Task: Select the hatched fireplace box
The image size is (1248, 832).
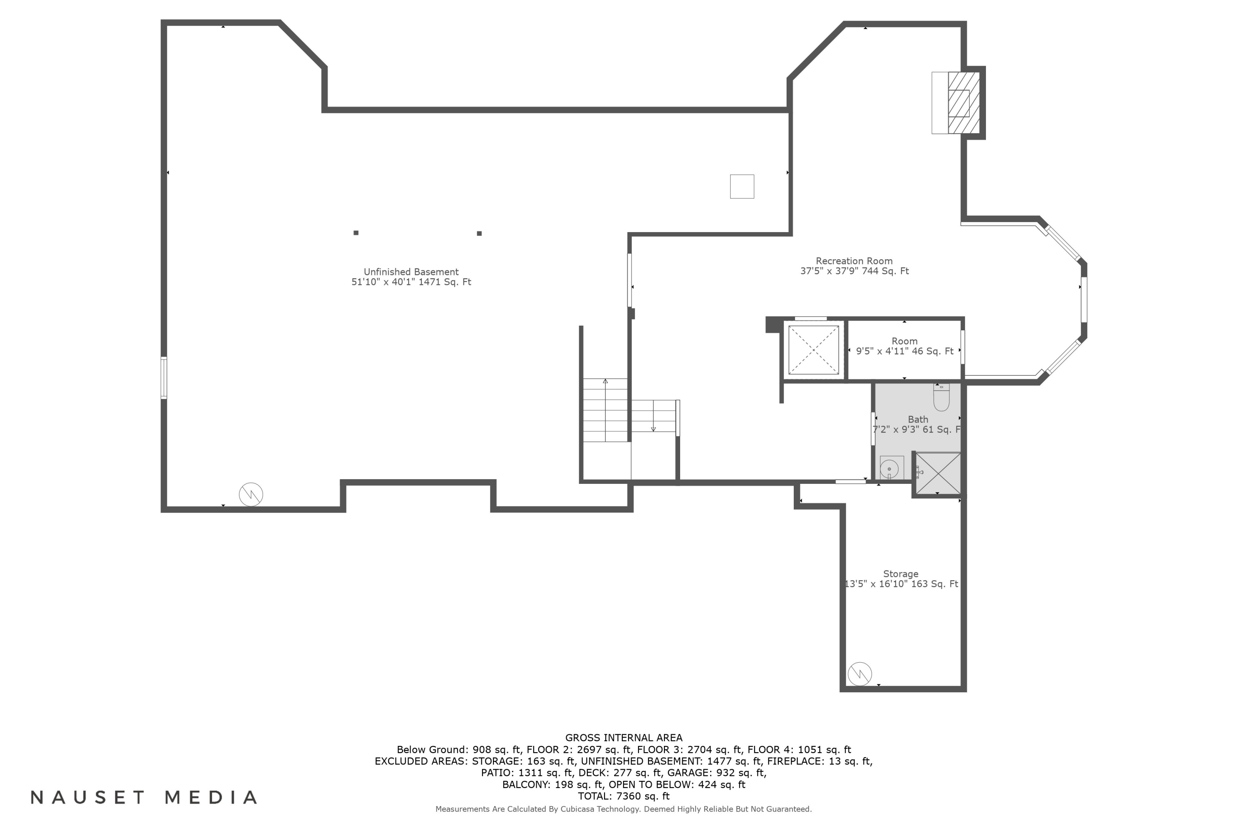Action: (x=963, y=103)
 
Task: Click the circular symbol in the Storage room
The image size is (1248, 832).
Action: (x=859, y=674)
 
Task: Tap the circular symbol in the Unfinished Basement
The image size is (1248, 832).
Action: (x=250, y=495)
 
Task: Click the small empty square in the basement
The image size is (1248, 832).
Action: (x=741, y=187)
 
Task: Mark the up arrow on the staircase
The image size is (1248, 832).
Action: (x=605, y=381)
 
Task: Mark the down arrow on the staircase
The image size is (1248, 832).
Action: (x=653, y=429)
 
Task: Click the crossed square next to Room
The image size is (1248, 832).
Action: (x=813, y=350)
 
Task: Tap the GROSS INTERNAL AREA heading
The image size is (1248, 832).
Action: (x=624, y=738)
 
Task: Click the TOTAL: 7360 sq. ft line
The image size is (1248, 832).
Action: (x=624, y=796)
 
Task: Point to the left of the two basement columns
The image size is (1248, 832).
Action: (x=356, y=233)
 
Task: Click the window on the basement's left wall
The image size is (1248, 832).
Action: (x=164, y=378)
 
